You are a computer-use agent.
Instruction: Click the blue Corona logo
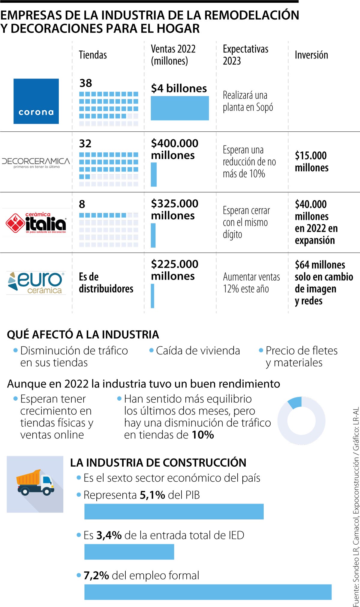(x=36, y=101)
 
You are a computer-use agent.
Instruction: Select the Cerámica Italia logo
(x=36, y=223)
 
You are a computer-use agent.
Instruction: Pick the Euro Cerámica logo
(x=36, y=283)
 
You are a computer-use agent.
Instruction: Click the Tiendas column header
(x=93, y=55)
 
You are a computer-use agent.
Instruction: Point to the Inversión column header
(x=311, y=55)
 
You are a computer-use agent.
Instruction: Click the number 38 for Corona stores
(x=85, y=83)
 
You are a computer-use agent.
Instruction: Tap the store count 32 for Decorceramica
(x=85, y=143)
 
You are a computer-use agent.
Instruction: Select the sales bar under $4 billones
(x=180, y=108)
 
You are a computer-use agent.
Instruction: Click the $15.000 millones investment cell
(x=311, y=161)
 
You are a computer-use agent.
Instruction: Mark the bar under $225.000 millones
(x=153, y=296)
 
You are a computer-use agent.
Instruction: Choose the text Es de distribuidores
(x=106, y=283)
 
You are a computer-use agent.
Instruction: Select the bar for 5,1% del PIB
(x=174, y=511)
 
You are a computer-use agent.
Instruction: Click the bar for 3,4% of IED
(x=129, y=552)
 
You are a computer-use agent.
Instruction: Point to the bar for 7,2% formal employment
(x=208, y=592)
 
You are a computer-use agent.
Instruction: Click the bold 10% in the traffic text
(x=203, y=435)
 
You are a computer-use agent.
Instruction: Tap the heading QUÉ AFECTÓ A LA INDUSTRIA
(x=83, y=334)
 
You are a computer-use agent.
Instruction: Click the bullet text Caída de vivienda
(x=198, y=351)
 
